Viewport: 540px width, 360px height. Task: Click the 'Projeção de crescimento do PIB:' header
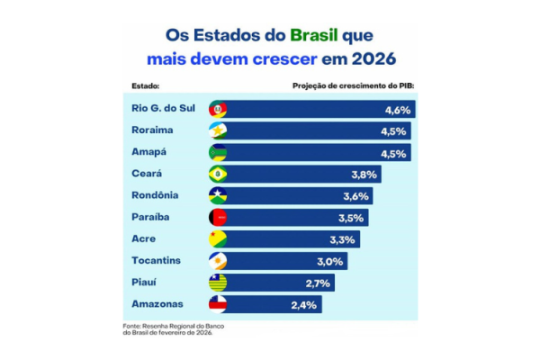coord(358,86)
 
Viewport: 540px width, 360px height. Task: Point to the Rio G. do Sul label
coord(157,109)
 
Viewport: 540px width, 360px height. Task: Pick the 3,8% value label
coord(364,175)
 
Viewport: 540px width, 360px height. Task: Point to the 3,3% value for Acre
coord(344,239)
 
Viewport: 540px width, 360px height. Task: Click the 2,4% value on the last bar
coord(305,304)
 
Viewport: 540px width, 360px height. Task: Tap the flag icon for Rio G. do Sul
coord(218,110)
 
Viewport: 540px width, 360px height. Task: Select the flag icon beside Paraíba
coord(218,218)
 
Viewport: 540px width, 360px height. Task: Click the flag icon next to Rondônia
coord(218,196)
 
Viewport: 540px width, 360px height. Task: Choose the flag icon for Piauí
coord(218,283)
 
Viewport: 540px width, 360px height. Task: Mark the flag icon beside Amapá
coord(218,153)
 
